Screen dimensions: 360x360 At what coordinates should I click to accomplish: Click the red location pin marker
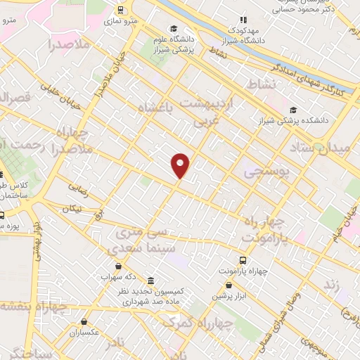click(181, 165)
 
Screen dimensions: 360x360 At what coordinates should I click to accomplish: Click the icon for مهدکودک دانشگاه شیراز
click(243, 20)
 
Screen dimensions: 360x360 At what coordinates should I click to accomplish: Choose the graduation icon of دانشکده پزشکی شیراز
click(293, 110)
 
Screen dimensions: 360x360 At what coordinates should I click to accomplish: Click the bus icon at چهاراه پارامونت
click(243, 258)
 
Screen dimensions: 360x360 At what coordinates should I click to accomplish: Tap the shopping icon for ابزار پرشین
click(229, 285)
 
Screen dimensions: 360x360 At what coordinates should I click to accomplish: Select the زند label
click(349, 286)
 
